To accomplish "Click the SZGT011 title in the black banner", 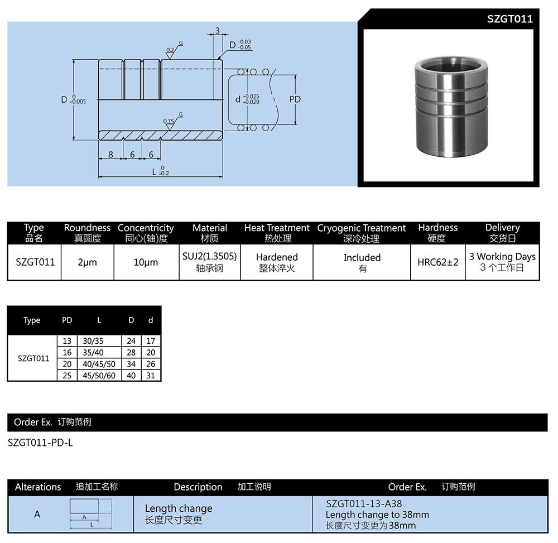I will (509, 19).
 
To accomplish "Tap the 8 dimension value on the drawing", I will (111, 155).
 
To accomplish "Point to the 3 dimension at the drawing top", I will (217, 30).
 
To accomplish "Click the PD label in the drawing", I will (295, 99).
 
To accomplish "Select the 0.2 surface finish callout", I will (170, 50).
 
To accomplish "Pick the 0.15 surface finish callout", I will (169, 121).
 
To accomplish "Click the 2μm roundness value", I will (87, 262).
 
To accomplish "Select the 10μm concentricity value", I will (146, 262).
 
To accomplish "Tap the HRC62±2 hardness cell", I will (437, 262).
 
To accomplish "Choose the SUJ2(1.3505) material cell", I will (209, 257).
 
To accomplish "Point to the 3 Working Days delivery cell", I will (502, 257).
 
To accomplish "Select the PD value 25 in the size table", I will (67, 376).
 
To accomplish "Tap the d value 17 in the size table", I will (151, 340).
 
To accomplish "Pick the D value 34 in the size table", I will (131, 364).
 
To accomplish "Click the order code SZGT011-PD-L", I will (40, 443).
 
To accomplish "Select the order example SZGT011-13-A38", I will (364, 503).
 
